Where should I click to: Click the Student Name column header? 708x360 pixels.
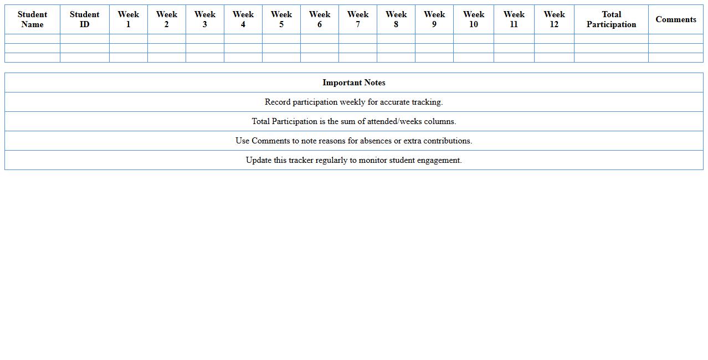[32, 19]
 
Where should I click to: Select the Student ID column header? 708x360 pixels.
[84, 19]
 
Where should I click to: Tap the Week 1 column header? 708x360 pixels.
[128, 19]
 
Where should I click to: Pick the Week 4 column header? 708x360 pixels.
[243, 19]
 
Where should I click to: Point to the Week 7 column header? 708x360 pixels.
[357, 19]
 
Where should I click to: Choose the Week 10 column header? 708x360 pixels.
[473, 19]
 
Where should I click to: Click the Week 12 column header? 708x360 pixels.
[554, 19]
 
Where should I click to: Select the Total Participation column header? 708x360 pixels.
[611, 19]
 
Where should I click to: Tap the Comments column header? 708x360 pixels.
[676, 19]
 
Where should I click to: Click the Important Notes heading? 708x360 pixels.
[354, 83]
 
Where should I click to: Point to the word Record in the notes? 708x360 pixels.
[278, 102]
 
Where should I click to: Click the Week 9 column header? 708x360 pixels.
[434, 19]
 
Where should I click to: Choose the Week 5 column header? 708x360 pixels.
[281, 19]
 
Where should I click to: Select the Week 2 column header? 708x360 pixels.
[166, 19]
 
